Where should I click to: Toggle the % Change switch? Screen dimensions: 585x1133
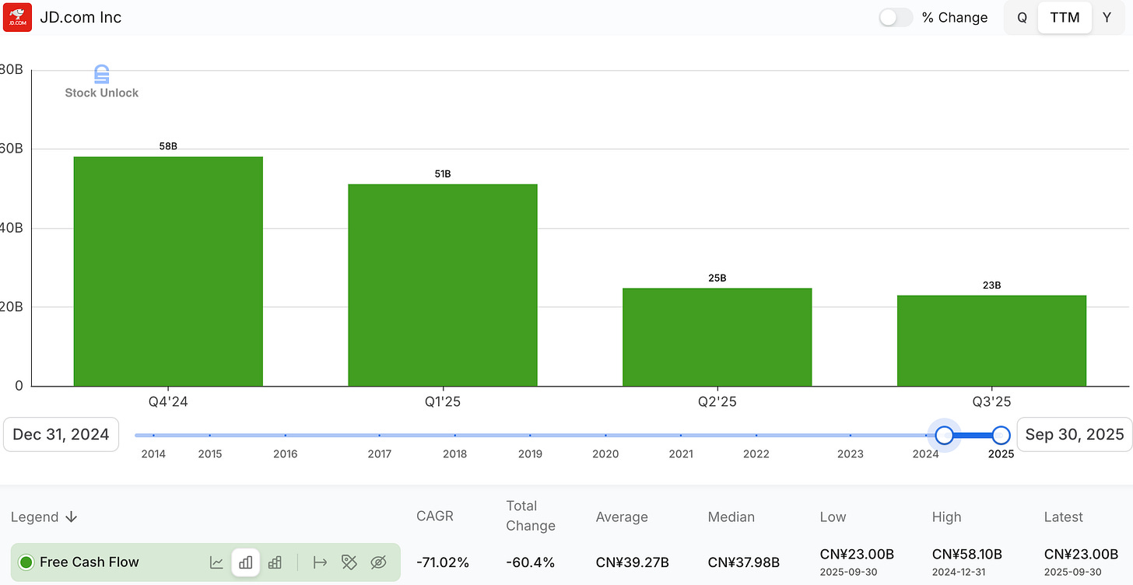pyautogui.click(x=896, y=18)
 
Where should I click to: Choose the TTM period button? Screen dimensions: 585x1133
pyautogui.click(x=1065, y=18)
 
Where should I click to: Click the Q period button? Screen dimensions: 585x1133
pyautogui.click(x=1023, y=18)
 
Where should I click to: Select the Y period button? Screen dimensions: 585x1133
pyautogui.click(x=1107, y=18)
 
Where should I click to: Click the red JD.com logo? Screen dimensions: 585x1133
pyautogui.click(x=18, y=17)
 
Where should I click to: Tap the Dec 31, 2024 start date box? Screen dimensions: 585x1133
pyautogui.click(x=61, y=434)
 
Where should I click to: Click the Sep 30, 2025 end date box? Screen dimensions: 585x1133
pyautogui.click(x=1075, y=434)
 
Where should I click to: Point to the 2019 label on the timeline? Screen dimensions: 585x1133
pyautogui.click(x=530, y=454)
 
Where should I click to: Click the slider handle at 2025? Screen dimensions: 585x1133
pyautogui.click(x=1001, y=435)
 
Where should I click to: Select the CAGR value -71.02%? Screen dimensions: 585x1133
pyautogui.click(x=443, y=562)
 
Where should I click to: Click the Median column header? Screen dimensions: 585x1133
pyautogui.click(x=731, y=517)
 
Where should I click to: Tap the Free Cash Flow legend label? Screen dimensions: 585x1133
pyautogui.click(x=89, y=562)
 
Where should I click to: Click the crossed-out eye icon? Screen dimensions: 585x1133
pyautogui.click(x=378, y=562)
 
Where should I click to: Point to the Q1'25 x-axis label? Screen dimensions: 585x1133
pyautogui.click(x=442, y=401)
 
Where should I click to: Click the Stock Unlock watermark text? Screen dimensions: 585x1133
pyautogui.click(x=101, y=93)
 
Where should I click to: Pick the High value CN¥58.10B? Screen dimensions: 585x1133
pyautogui.click(x=966, y=554)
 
